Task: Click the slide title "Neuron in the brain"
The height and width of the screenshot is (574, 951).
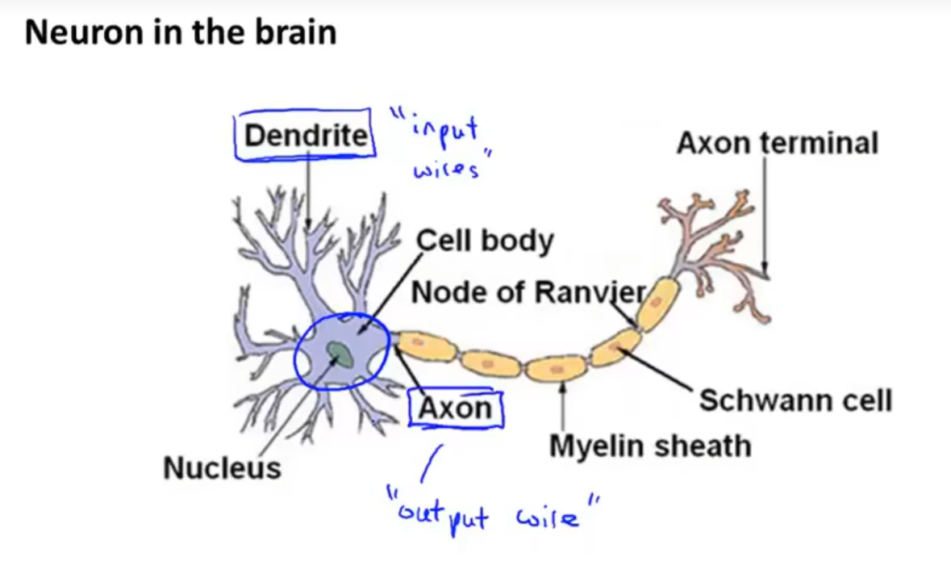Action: pos(181,33)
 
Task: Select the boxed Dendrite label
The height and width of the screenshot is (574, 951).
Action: pos(305,135)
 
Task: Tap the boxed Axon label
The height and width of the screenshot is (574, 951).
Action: pos(456,409)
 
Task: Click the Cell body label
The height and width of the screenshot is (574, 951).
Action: pos(485,241)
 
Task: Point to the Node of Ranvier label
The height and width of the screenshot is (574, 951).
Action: pos(529,292)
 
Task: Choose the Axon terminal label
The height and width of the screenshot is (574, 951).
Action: pos(777,144)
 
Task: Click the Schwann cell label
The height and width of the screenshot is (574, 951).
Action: pos(795,400)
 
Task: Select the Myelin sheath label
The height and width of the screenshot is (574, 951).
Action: pos(650,446)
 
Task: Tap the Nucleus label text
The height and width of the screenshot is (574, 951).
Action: pos(222,468)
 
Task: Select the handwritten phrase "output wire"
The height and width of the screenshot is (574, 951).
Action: pos(494,513)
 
